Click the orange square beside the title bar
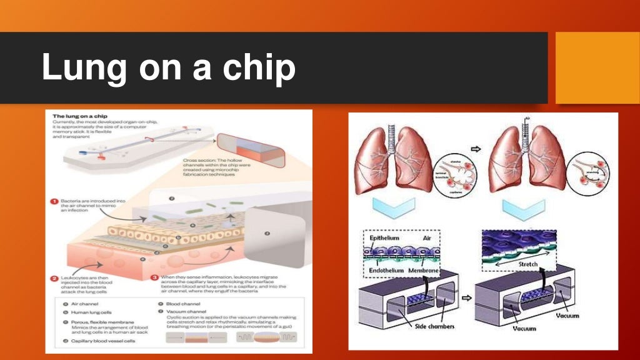coord(597,67)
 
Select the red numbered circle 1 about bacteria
coord(54,201)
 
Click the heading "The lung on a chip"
coord(77,116)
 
